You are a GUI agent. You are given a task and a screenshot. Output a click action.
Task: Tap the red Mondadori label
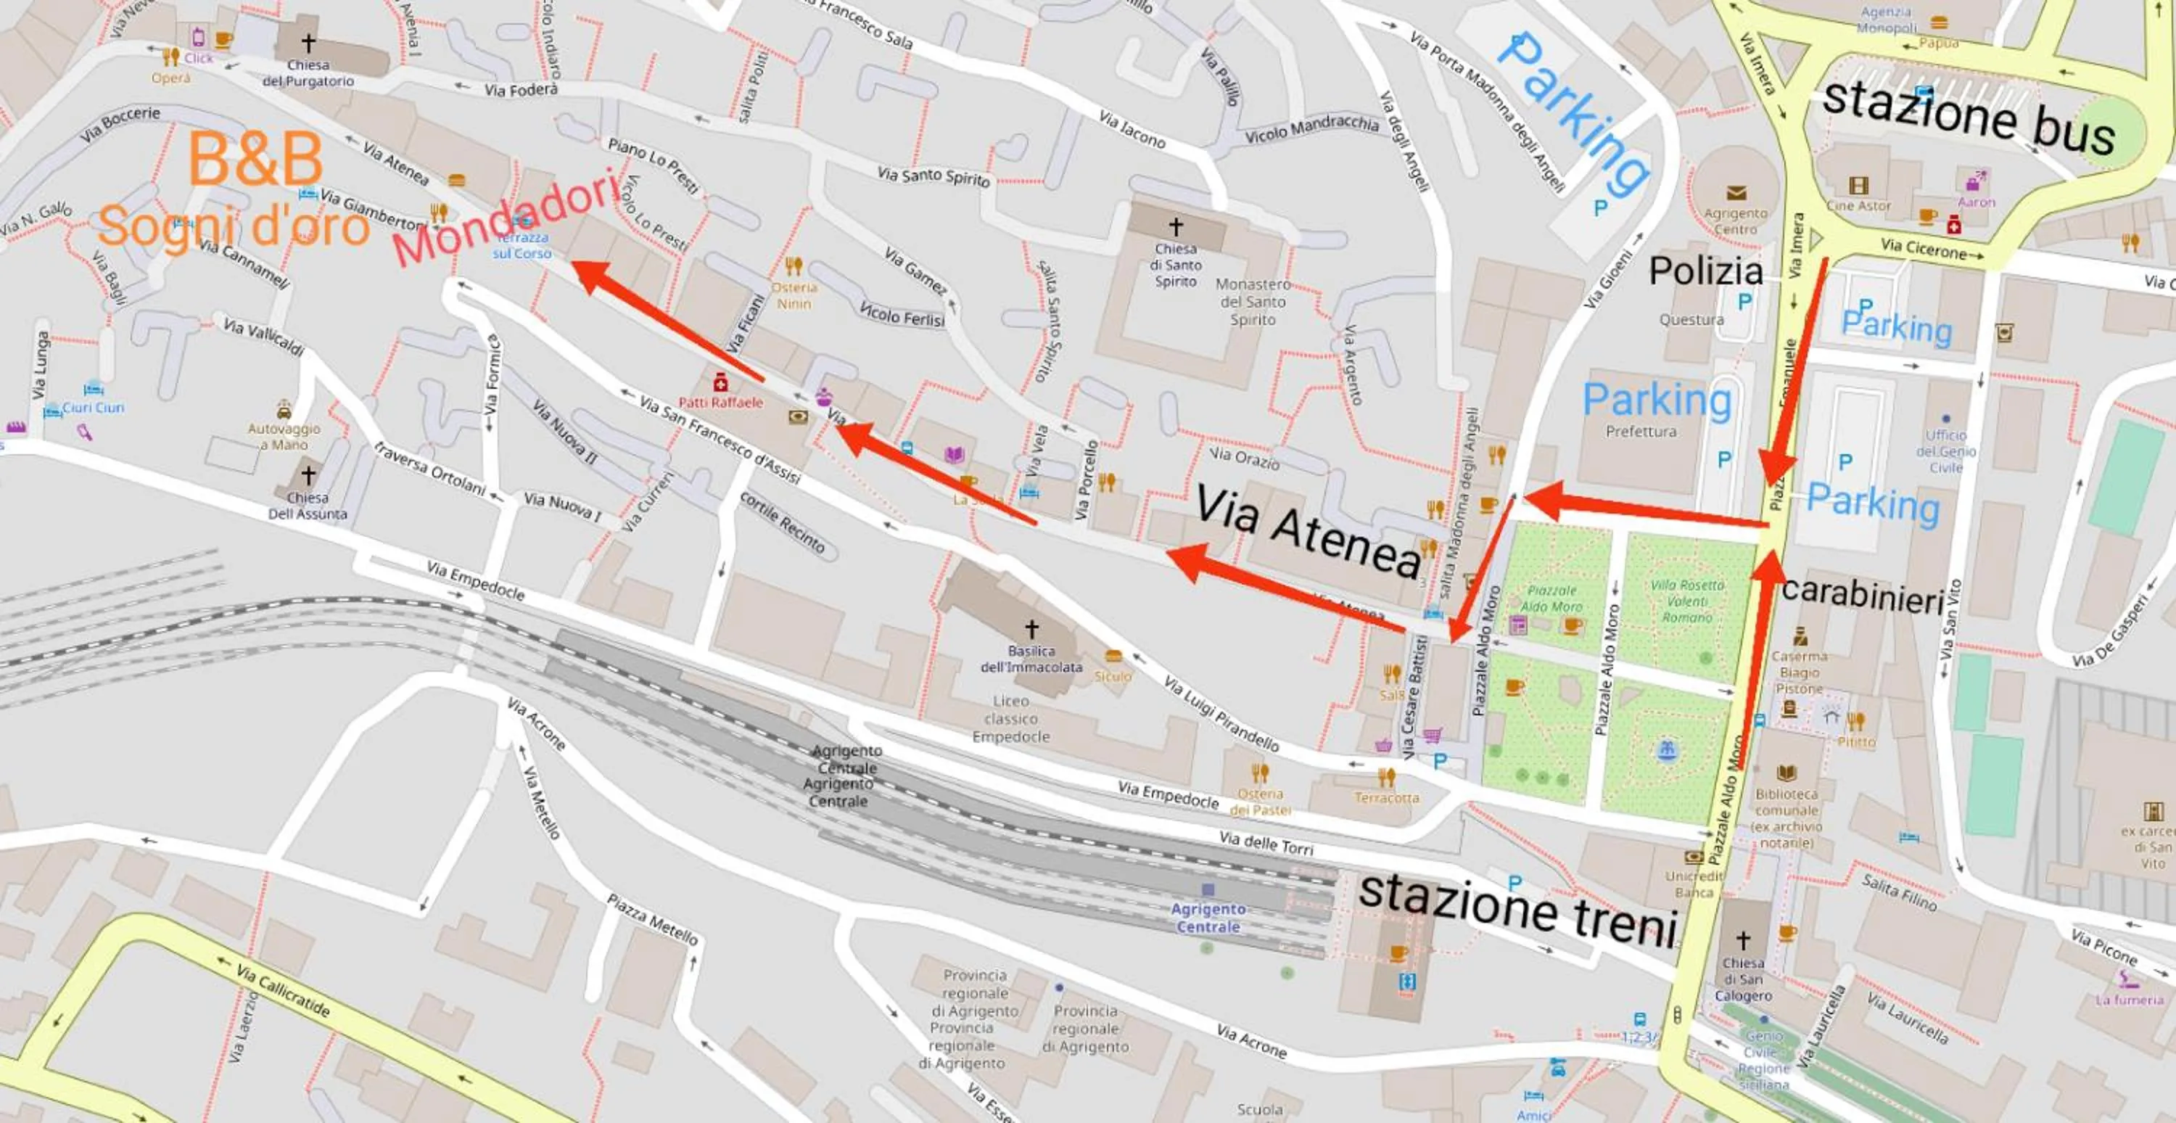(x=505, y=217)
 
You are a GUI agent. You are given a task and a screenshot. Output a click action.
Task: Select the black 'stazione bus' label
(x=1969, y=118)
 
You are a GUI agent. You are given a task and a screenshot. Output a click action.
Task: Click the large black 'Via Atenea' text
(x=1309, y=532)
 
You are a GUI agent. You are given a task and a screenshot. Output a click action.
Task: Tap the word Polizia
(x=1705, y=271)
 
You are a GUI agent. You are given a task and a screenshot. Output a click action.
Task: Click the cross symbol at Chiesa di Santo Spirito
(x=1175, y=226)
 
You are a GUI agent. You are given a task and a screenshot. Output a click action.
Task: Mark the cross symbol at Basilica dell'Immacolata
(x=1031, y=629)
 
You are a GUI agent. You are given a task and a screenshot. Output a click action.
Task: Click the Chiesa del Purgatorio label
(x=308, y=73)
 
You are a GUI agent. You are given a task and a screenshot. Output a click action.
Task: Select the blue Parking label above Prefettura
(x=1657, y=400)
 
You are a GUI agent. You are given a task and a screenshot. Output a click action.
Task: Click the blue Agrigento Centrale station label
(x=1208, y=918)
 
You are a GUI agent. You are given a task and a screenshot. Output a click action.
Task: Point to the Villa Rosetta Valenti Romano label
(x=1687, y=601)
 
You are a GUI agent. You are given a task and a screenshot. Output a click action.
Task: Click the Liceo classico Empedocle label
(x=1010, y=718)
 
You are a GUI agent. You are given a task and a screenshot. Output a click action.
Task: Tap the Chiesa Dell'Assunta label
(x=308, y=506)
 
